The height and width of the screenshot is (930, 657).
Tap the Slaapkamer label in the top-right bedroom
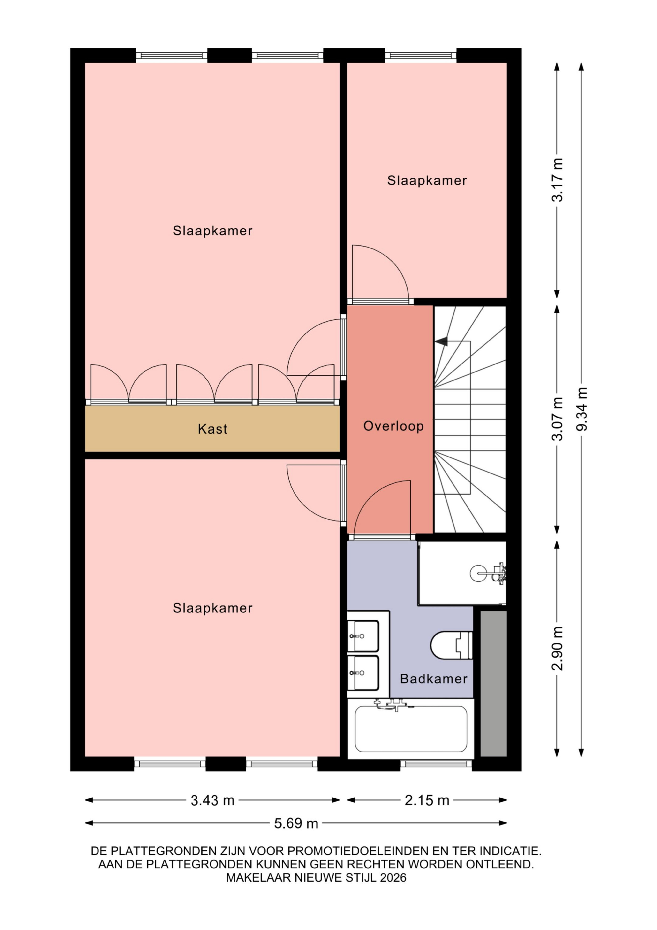point(427,181)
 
